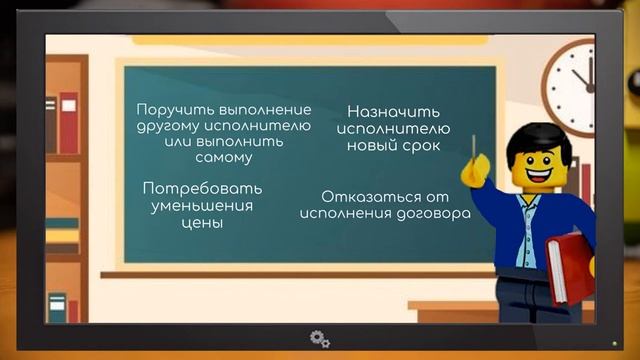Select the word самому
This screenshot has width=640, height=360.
tap(224, 158)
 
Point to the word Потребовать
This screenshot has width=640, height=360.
tap(203, 189)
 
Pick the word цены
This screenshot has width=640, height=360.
tap(202, 223)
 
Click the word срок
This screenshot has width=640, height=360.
tap(422, 146)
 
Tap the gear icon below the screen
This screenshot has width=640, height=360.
tap(319, 338)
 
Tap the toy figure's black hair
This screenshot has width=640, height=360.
tap(535, 139)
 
